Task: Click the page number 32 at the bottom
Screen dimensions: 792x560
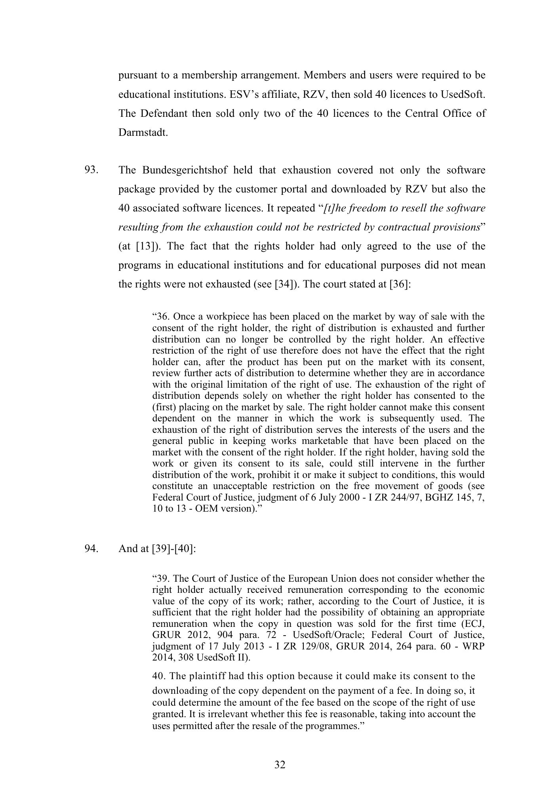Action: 280,765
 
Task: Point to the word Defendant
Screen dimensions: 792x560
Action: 168,113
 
